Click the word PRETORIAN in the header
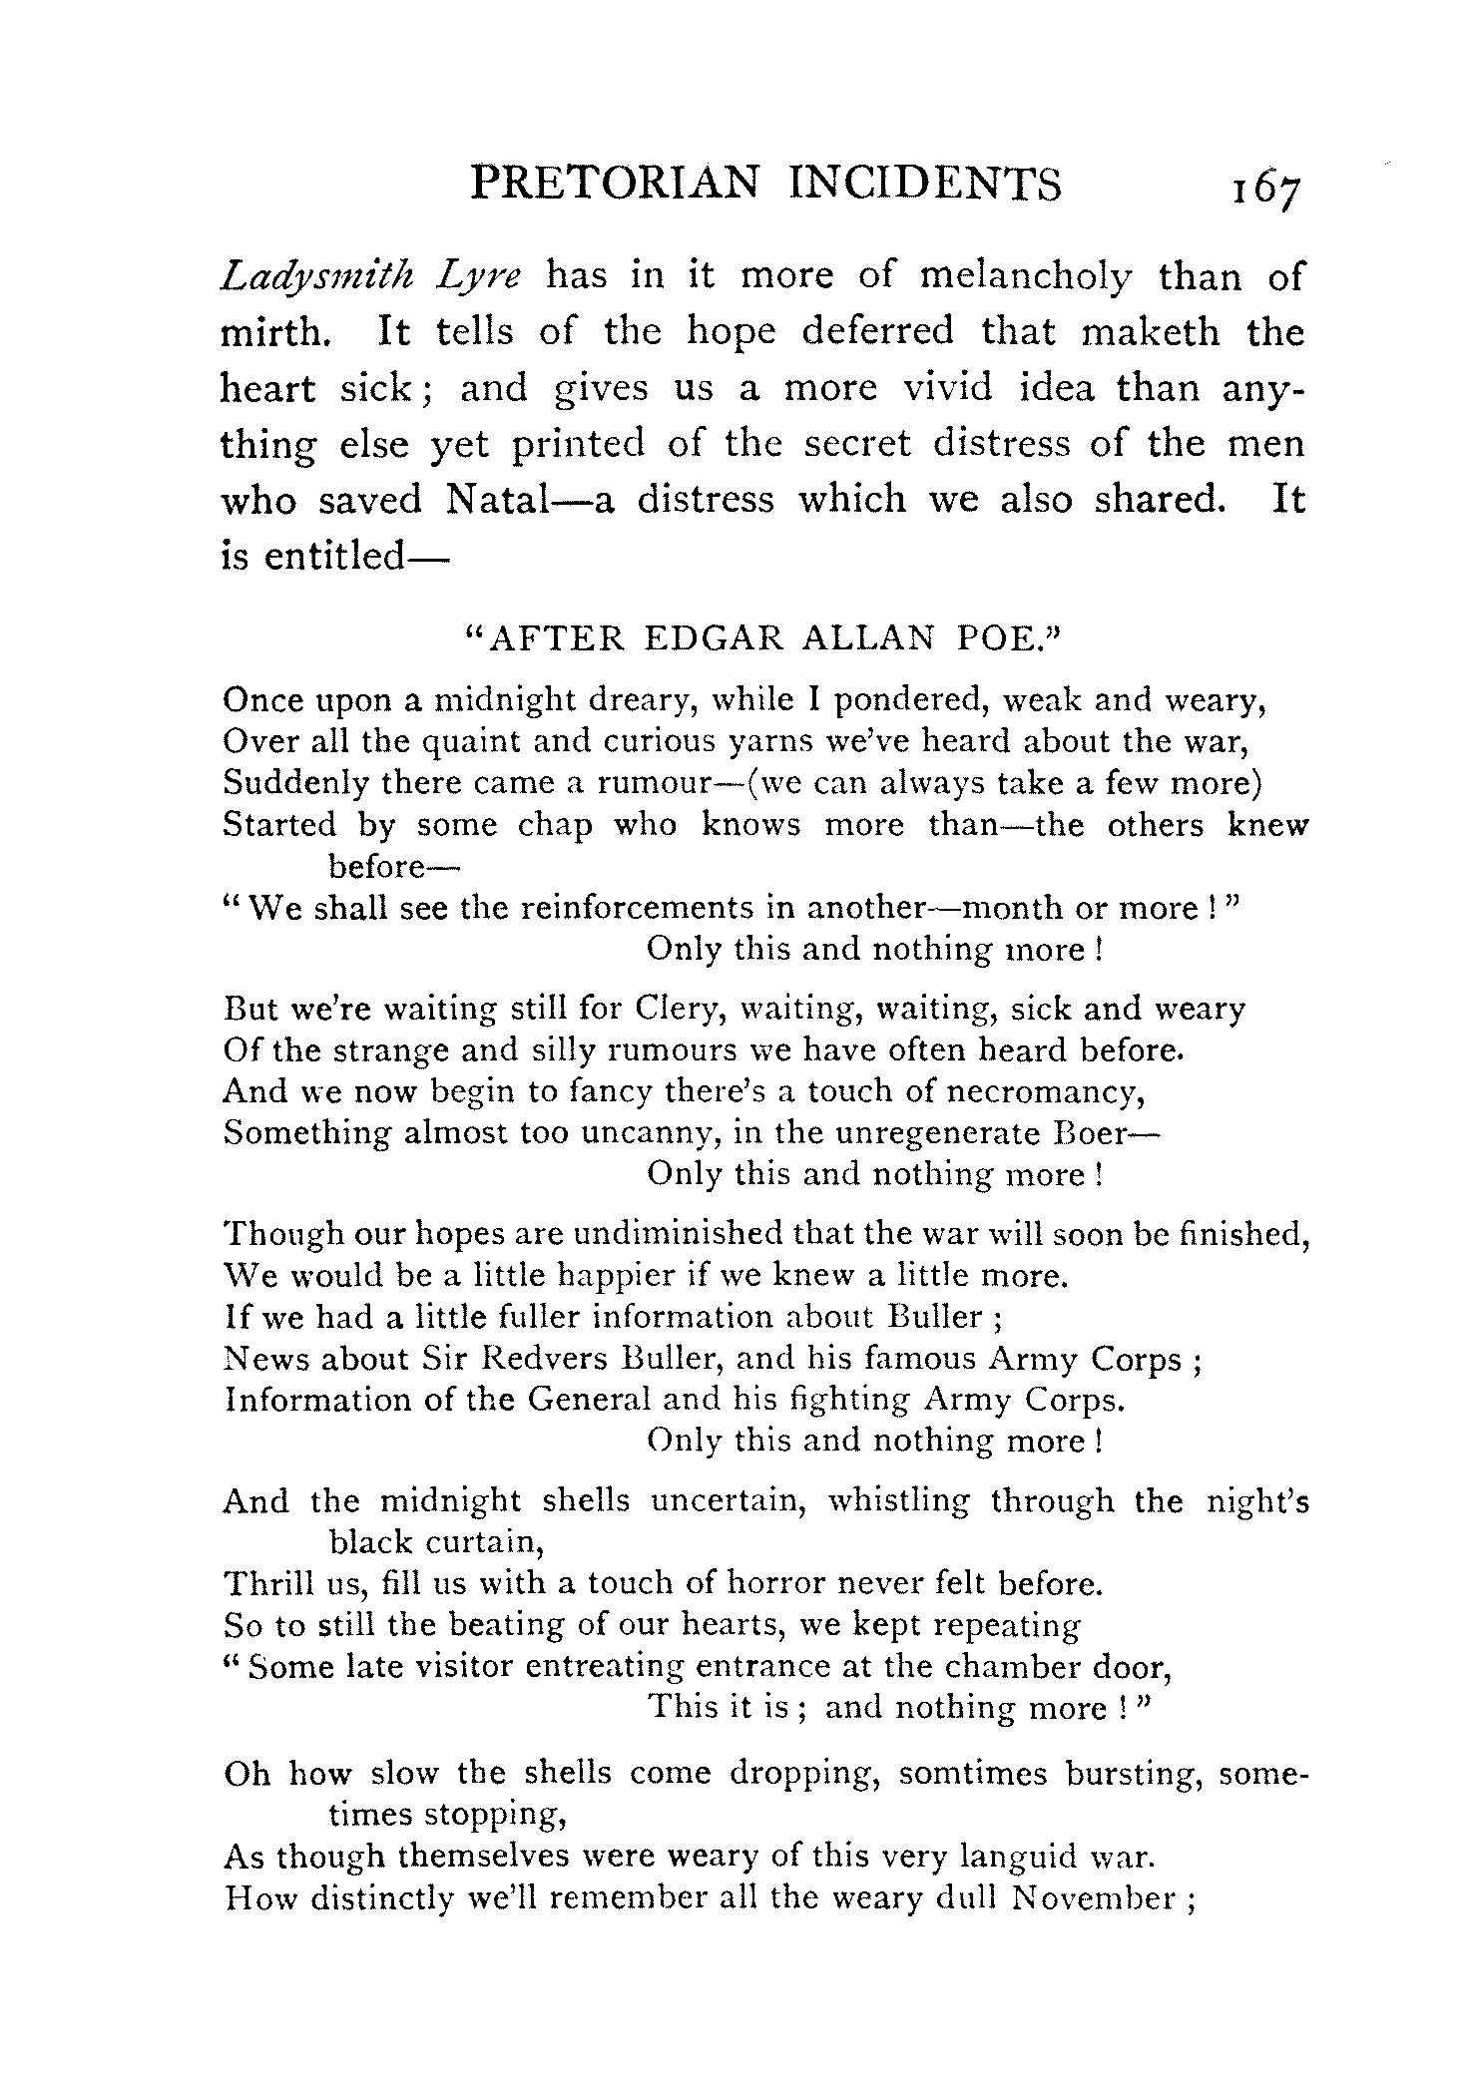(615, 185)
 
